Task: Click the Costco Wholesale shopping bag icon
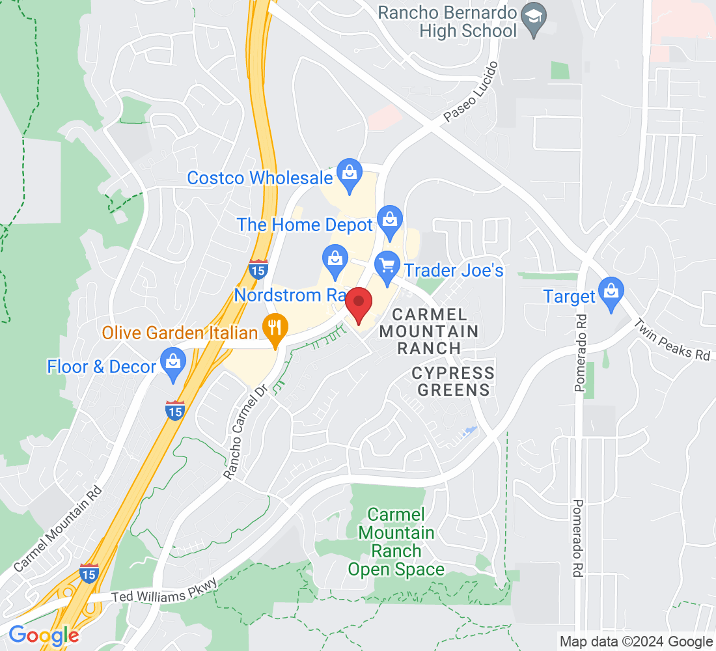click(x=350, y=174)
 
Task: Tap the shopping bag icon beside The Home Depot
click(x=390, y=222)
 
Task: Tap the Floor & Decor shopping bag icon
click(x=173, y=364)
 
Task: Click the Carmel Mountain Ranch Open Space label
click(x=396, y=542)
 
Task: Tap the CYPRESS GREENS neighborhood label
click(x=453, y=381)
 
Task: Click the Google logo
click(x=44, y=635)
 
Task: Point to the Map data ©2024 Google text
click(x=636, y=642)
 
